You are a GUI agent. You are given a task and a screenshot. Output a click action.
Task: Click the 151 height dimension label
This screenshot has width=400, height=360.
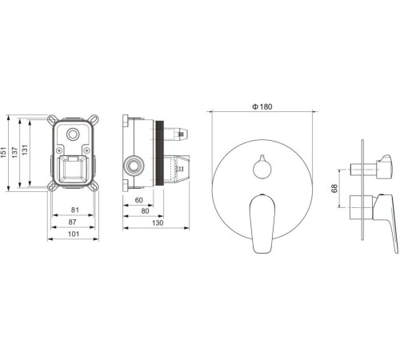pos(3,153)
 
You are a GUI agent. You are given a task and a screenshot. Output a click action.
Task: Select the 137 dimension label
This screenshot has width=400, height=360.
pos(15,153)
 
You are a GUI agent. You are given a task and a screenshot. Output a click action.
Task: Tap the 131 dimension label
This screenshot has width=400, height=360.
pos(25,150)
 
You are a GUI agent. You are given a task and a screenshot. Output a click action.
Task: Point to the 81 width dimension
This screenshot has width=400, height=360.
pos(75,210)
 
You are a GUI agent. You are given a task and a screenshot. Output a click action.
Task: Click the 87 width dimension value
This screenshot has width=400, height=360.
pos(72,222)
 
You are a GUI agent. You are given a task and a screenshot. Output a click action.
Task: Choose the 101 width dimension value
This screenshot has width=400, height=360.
pos(74,234)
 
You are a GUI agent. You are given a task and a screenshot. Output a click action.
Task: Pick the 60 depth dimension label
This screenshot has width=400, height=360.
pos(138,200)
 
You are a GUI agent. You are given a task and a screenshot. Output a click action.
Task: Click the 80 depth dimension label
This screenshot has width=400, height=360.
pos(145,211)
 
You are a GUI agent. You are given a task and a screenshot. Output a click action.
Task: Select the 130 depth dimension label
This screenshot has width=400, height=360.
pos(158,223)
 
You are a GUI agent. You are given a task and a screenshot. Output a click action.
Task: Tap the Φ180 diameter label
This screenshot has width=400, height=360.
pos(262,107)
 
